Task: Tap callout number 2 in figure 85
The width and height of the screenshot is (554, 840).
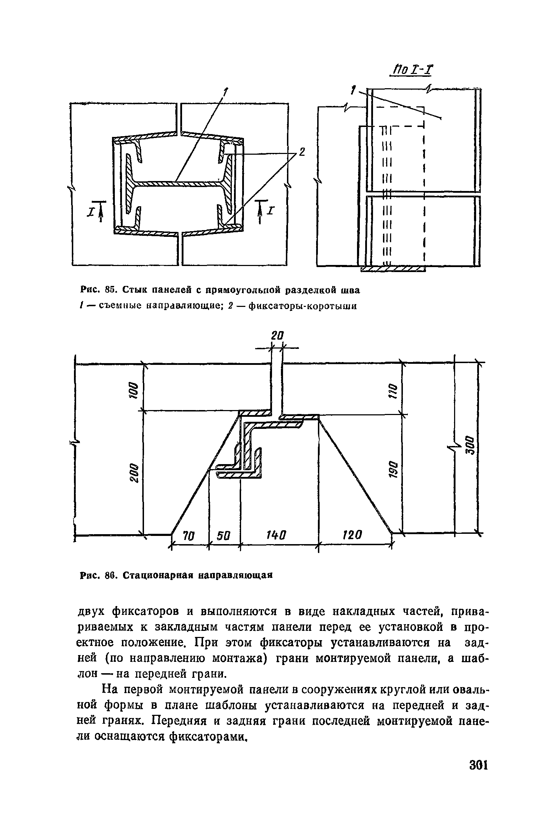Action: [x=302, y=152]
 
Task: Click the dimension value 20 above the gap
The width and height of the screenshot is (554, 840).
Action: [x=278, y=335]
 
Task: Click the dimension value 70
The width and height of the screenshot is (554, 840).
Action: [x=189, y=535]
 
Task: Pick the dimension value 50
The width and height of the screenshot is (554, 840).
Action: [x=224, y=535]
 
